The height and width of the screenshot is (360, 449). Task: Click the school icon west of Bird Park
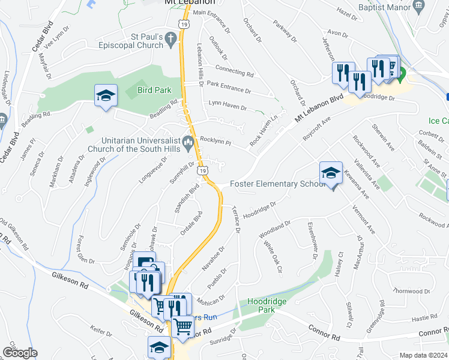point(105,95)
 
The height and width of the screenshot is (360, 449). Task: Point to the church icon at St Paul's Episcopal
point(171,39)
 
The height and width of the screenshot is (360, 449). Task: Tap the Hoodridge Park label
point(261,305)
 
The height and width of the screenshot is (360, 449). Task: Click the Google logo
point(20,352)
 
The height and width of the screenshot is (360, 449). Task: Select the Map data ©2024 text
point(423,355)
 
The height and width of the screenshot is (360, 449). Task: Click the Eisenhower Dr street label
point(312,240)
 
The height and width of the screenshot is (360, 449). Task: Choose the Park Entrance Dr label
point(229,87)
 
